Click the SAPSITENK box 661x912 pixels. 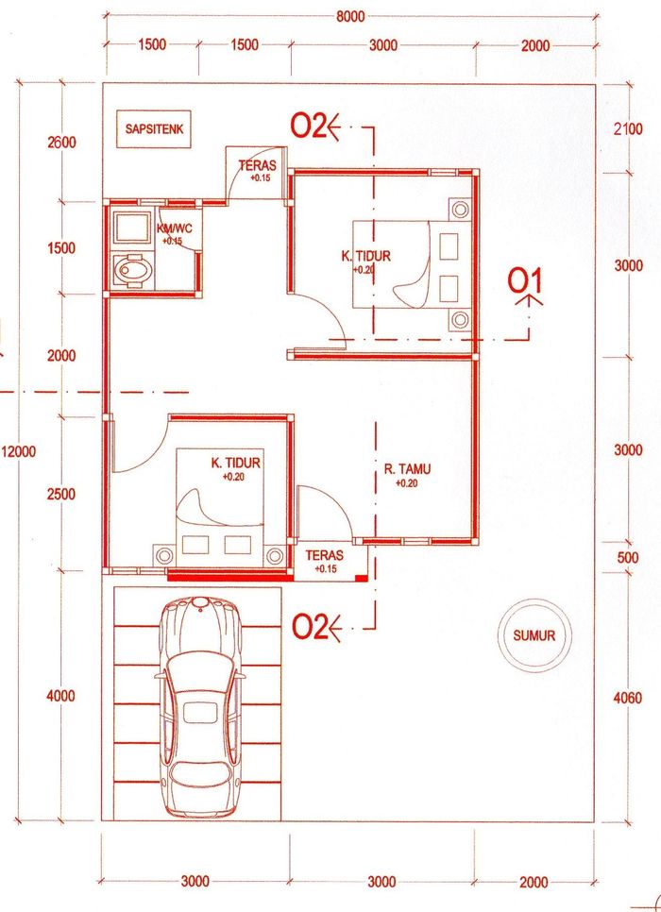click(154, 128)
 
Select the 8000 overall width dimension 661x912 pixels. click(350, 16)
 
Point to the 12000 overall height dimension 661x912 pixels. click(19, 452)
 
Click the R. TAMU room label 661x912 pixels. click(407, 469)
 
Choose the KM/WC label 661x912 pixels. click(174, 228)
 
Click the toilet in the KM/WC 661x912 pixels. click(131, 270)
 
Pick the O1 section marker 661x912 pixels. click(525, 281)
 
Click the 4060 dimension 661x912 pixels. click(628, 698)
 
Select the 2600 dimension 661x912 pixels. click(61, 143)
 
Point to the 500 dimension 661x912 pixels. click(627, 557)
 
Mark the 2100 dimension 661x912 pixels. click(628, 128)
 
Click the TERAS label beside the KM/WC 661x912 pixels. click(257, 166)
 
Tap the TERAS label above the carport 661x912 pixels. click(325, 556)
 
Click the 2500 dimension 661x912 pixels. click(61, 495)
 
